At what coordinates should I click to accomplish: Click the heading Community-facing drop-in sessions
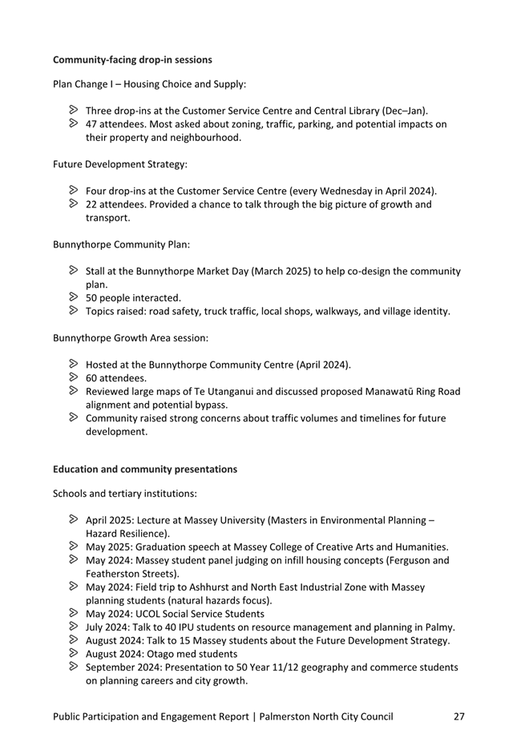132,59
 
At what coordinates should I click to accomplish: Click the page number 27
458,716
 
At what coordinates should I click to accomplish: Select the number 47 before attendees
92,124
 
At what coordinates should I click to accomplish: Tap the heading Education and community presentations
145,468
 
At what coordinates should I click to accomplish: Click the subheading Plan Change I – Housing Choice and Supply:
149,83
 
